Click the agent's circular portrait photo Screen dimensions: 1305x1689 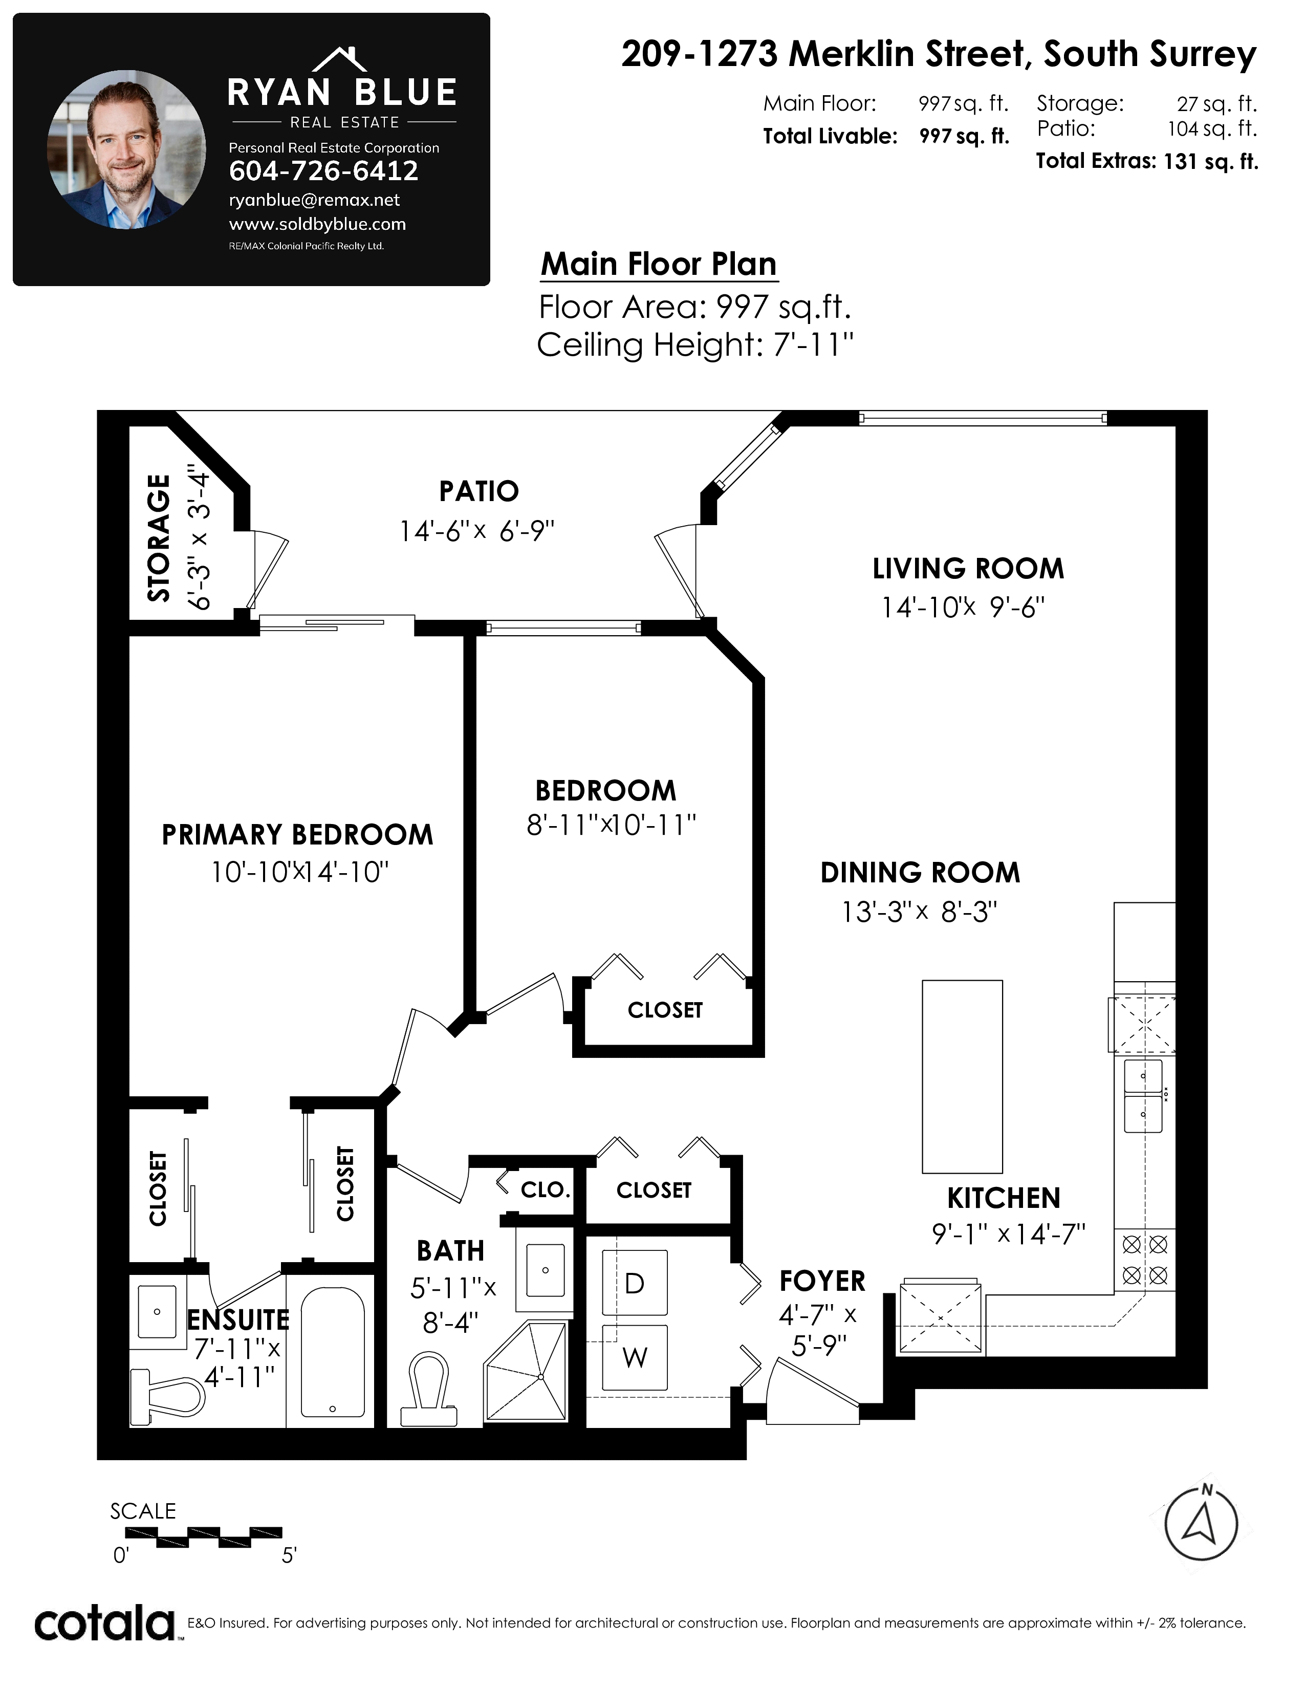pos(127,149)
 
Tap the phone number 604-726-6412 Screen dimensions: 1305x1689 pos(324,171)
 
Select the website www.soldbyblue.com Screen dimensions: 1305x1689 pos(318,224)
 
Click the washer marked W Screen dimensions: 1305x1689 pos(635,1358)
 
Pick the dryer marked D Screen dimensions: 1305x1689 pos(635,1283)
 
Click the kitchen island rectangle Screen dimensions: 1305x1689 pos(963,1076)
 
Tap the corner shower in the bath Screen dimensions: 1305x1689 pos(526,1371)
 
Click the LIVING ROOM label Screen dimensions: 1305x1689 pos(968,569)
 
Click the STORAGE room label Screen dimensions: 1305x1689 pos(159,537)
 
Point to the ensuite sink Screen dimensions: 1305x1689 pos(157,1312)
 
